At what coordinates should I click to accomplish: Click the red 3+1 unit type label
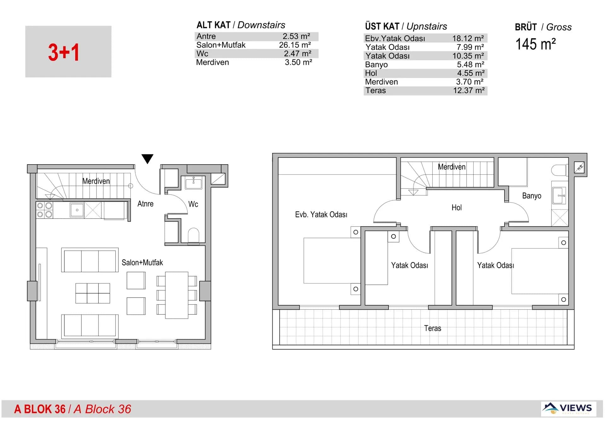(x=64, y=52)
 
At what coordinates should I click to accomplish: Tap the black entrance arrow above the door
(x=147, y=158)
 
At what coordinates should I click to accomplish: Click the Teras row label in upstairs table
(x=375, y=91)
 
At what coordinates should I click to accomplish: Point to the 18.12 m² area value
(x=468, y=38)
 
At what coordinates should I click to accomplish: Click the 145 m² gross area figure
(x=535, y=44)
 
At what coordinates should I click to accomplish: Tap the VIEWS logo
(x=568, y=408)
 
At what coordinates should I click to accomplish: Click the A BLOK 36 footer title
(x=40, y=409)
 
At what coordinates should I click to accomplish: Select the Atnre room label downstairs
(x=145, y=204)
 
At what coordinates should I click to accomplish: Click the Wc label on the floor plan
(x=193, y=204)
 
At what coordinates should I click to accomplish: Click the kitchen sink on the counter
(x=77, y=210)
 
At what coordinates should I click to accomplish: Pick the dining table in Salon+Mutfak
(x=176, y=295)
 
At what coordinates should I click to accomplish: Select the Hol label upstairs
(x=456, y=208)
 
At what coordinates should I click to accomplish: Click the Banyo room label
(x=532, y=196)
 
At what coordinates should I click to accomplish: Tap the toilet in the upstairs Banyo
(x=559, y=170)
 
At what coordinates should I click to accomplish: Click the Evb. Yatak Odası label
(x=321, y=215)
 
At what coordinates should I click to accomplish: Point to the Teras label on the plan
(x=432, y=329)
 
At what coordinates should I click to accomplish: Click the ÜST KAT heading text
(x=382, y=26)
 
